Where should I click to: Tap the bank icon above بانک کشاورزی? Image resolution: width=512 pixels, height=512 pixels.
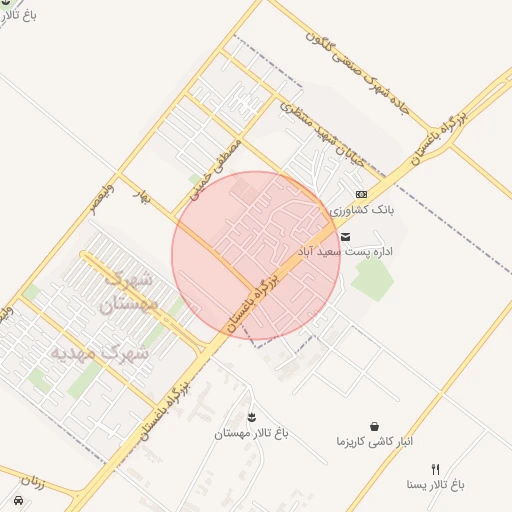[361, 194]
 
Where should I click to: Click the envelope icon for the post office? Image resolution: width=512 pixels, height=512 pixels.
[345, 237]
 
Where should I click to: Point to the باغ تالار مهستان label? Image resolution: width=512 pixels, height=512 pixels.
[251, 434]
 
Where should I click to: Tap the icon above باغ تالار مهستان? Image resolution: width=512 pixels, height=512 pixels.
[251, 416]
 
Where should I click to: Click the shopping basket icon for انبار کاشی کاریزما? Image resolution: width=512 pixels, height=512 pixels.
[374, 426]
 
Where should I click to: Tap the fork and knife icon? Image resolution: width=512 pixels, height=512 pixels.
[435, 468]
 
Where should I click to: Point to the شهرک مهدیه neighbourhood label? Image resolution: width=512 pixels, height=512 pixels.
[100, 353]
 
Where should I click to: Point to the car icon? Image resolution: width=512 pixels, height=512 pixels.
[18, 499]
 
